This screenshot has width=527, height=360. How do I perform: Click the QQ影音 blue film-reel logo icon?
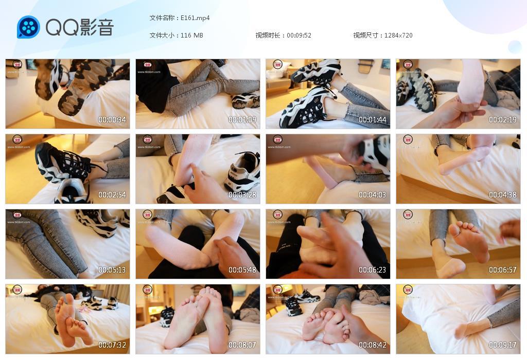[28, 27]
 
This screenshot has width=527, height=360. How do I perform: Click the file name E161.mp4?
[195, 18]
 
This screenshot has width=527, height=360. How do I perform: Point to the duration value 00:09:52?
[299, 35]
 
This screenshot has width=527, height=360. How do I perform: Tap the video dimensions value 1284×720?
[398, 35]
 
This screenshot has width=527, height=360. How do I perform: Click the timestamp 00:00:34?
[112, 120]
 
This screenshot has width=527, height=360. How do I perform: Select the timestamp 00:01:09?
[242, 120]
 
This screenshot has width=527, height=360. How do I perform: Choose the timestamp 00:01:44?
[373, 120]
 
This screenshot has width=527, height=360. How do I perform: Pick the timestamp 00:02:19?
[503, 120]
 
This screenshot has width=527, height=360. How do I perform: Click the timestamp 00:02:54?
[112, 195]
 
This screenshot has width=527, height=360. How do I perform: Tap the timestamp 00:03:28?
[242, 195]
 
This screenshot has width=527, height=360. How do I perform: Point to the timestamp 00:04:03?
[373, 195]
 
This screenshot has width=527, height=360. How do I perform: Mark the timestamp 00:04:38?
[503, 195]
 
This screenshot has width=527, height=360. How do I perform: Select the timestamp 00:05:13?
[112, 270]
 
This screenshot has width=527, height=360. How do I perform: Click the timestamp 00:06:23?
[373, 270]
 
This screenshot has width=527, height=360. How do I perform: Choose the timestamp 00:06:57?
[503, 270]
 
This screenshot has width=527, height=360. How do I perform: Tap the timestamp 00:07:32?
[112, 345]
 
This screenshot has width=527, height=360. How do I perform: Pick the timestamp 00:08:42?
[373, 345]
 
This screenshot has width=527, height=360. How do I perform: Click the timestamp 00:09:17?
[503, 345]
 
